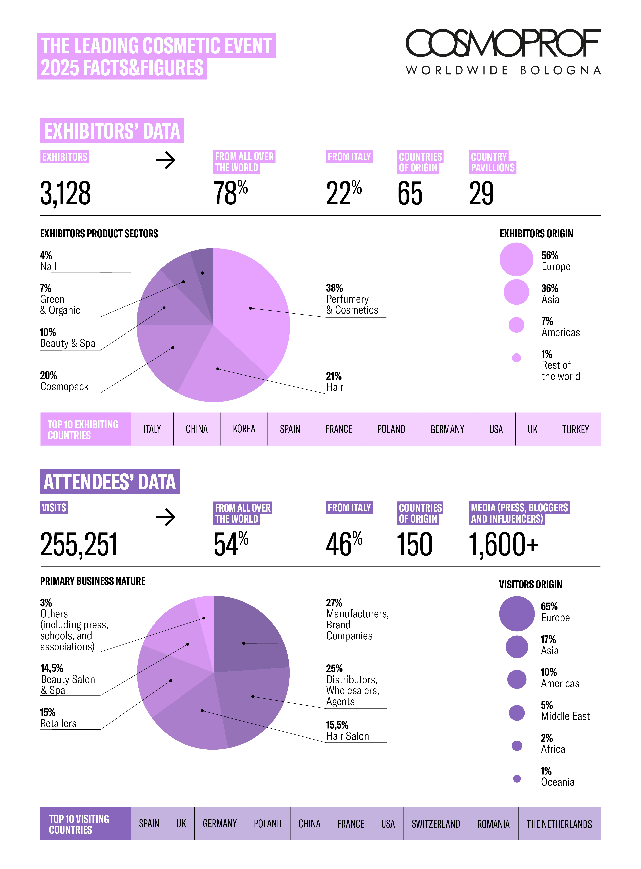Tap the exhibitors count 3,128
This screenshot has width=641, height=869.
click(66, 193)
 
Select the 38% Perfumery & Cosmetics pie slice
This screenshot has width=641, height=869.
click(252, 303)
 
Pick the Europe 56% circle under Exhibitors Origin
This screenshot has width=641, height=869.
click(516, 259)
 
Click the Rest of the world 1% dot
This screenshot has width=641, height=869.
click(516, 358)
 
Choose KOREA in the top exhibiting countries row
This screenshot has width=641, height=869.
click(244, 429)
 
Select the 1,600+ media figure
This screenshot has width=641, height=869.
click(504, 544)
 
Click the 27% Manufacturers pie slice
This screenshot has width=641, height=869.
click(248, 640)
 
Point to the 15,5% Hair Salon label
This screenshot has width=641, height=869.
click(347, 730)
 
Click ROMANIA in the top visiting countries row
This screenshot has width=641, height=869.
click(493, 824)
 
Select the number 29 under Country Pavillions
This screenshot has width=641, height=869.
click(481, 193)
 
